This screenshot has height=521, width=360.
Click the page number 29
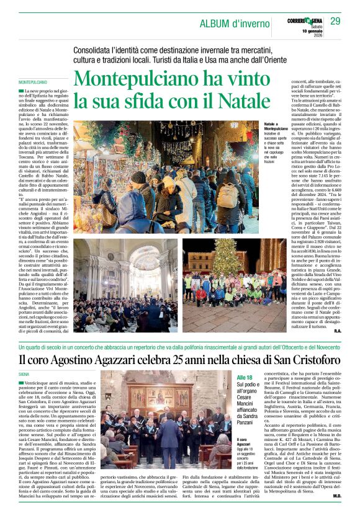click(x=336, y=22)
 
